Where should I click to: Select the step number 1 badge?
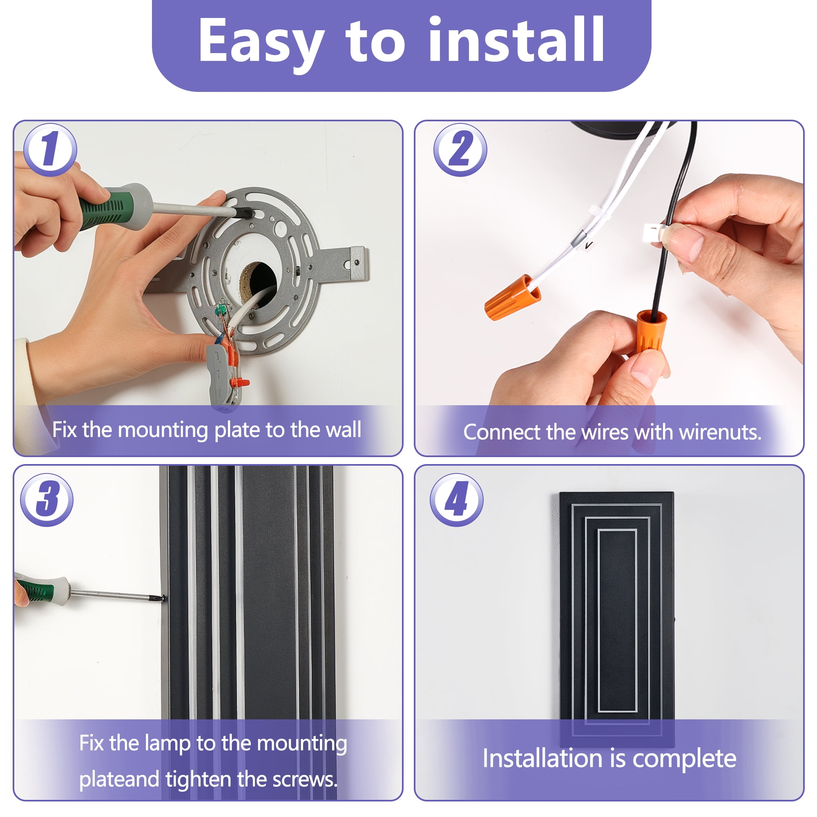click(50, 150)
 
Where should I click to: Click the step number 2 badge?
click(460, 150)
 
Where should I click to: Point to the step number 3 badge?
click(47, 500)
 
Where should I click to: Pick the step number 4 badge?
click(457, 500)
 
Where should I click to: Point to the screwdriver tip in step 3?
click(162, 598)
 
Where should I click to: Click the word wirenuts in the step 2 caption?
click(720, 432)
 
